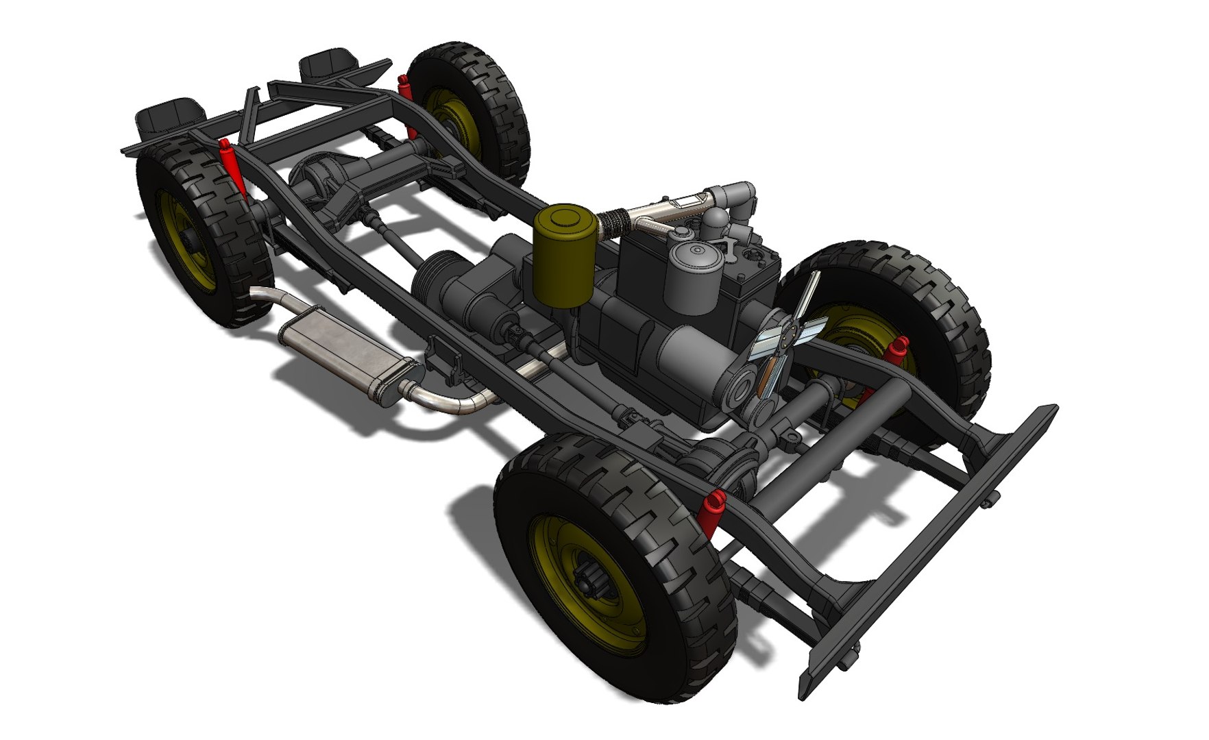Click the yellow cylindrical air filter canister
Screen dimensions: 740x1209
coord(563,257)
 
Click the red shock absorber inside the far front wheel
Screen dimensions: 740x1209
coord(896,351)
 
